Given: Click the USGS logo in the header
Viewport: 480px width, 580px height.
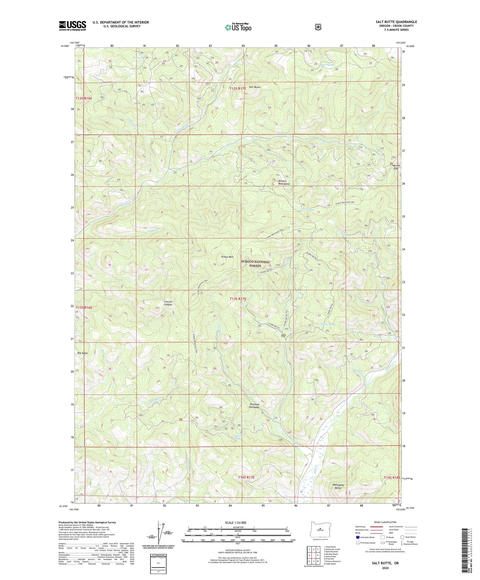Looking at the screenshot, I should (72, 25).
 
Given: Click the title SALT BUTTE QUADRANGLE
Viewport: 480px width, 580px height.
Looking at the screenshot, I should (396, 22).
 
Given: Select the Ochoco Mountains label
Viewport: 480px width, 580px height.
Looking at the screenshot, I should (284, 182).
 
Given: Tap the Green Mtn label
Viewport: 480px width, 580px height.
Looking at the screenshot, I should (227, 257).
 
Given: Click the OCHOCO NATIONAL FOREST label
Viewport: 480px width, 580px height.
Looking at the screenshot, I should (255, 264).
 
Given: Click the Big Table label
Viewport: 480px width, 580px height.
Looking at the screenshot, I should (82, 353).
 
